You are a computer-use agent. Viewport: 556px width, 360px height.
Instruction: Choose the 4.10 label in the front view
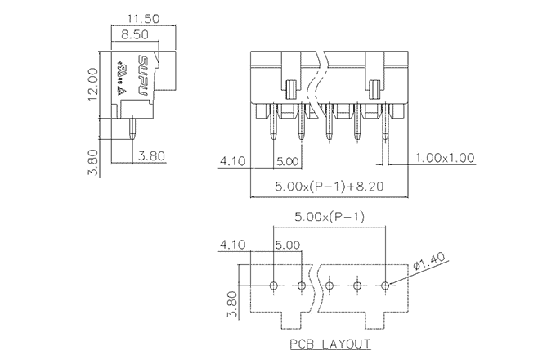point(234,161)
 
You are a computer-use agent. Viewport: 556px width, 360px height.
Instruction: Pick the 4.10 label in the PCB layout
point(234,245)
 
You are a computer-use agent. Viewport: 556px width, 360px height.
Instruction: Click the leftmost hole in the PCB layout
point(275,286)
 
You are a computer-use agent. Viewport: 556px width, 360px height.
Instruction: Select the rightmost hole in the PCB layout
point(386,286)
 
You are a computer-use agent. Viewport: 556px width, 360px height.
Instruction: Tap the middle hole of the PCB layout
point(330,286)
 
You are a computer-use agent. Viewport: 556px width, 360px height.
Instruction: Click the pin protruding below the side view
point(132,128)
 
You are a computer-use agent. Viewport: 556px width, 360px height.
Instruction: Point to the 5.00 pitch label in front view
point(288,161)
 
